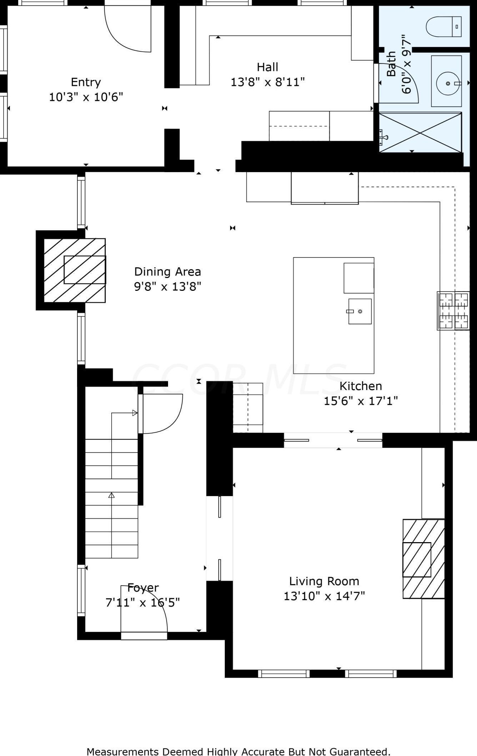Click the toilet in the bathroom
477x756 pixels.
443,26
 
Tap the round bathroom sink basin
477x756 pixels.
448,83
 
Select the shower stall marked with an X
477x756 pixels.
420,133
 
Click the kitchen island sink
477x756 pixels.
360,311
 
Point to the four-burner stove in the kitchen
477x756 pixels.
453,311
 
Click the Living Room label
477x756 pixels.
324,581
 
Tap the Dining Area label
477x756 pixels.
167,272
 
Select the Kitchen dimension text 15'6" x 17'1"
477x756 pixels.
361,401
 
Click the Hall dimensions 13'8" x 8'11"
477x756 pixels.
268,82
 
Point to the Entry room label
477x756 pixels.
86,82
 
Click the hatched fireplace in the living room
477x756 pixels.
423,559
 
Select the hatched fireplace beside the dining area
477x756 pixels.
75,270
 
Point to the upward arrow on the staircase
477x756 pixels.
111,495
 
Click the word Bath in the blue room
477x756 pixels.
391,63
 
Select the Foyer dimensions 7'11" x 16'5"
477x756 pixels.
142,602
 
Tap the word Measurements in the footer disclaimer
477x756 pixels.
118,751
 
